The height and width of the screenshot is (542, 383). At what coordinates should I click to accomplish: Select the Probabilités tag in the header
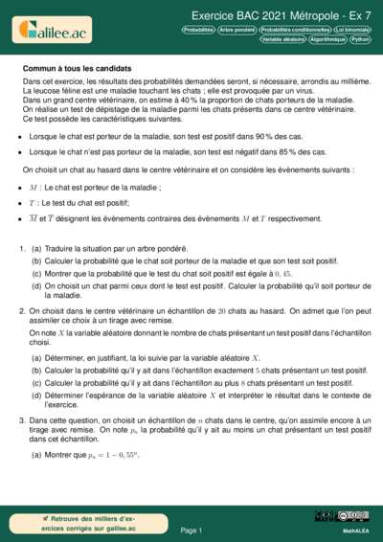(x=198, y=30)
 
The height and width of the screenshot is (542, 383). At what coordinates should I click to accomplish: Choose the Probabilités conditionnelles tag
(x=296, y=30)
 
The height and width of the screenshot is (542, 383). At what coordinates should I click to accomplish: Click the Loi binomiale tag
(x=352, y=30)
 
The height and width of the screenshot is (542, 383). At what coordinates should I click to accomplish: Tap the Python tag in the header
(x=360, y=39)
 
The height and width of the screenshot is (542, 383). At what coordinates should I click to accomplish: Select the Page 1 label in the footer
(x=191, y=529)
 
